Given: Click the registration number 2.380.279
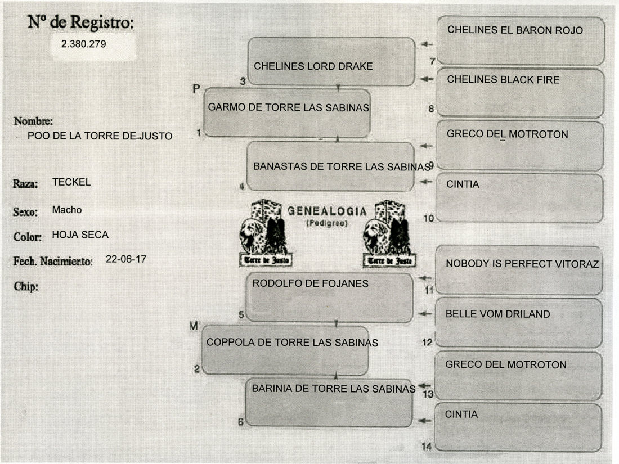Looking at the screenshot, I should point(84,43).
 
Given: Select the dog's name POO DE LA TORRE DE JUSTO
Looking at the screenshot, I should point(100,136).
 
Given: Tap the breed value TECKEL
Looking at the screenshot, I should point(71,182).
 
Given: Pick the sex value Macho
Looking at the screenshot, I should point(67,210).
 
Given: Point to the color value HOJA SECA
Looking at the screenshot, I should point(80,235).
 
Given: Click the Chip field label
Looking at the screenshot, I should point(25,287).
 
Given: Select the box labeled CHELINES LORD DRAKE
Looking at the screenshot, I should point(331,62).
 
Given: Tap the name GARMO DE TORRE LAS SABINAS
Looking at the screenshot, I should point(288,107).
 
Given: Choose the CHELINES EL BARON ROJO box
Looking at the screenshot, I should point(520,39).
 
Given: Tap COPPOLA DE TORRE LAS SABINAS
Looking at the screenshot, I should point(291,343).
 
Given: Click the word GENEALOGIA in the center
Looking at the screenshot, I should point(327,211).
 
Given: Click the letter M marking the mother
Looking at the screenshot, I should point(193,326).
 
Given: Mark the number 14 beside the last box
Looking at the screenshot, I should point(427,447).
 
